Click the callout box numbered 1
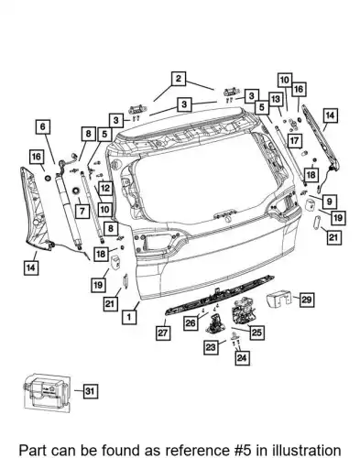[x=129, y=317]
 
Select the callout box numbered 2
[x=179, y=79]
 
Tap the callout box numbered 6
[x=43, y=126]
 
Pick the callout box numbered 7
[x=82, y=211]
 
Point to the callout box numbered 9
[x=329, y=202]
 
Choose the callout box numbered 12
[x=105, y=188]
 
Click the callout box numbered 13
[x=276, y=99]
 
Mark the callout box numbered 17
[x=294, y=141]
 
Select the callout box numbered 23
[x=211, y=347]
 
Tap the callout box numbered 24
[x=242, y=357]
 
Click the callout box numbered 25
[x=256, y=332]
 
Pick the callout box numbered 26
[x=191, y=322]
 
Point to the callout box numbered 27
[x=163, y=333]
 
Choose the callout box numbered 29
[x=306, y=300]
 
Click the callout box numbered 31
[x=90, y=391]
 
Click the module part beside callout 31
[x=48, y=393]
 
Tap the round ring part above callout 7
[x=75, y=191]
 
